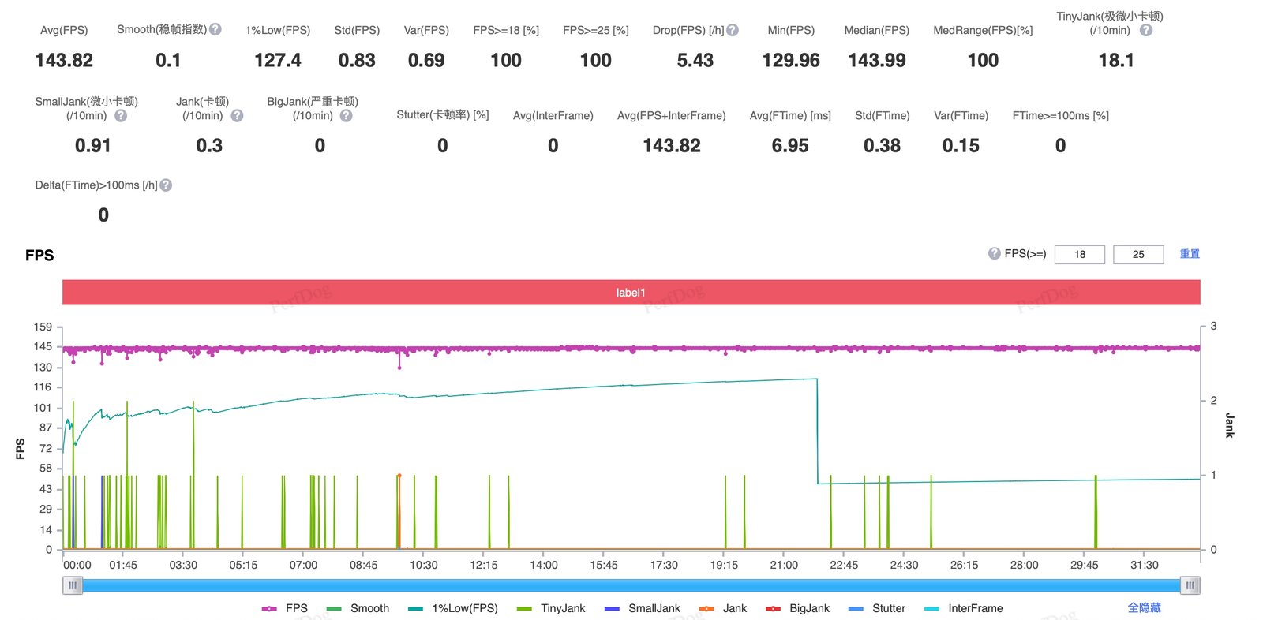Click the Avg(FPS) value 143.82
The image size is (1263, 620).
64,60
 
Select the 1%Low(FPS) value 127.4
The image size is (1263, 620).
277,60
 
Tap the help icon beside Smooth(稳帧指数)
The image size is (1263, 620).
215,29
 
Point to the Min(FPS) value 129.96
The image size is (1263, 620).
790,60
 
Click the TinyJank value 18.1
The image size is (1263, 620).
1116,60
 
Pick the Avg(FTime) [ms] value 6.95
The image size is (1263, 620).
790,146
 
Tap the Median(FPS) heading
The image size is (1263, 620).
876,31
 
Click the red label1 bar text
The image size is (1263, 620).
631,293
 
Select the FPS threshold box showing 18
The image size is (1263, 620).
1079,254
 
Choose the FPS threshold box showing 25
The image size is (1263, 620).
1137,254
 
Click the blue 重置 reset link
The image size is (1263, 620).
1190,254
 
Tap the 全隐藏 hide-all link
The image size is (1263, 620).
1144,607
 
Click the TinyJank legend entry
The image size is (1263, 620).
551,608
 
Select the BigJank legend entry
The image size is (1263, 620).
797,608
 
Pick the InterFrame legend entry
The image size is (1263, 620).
964,608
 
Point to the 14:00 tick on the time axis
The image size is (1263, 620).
544,565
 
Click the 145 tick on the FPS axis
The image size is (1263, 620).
43,346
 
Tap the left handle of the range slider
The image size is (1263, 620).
73,585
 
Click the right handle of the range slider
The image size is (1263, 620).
1190,585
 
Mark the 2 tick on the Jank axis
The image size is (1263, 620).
1213,400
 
